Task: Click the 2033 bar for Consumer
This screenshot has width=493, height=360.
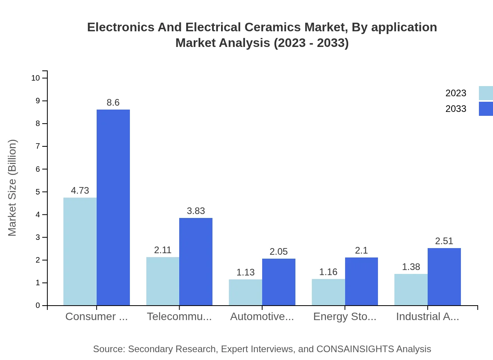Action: click(113, 207)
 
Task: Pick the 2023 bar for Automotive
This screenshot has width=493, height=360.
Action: click(245, 292)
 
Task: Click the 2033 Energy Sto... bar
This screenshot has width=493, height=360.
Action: click(362, 281)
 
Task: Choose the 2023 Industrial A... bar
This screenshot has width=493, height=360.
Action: click(411, 290)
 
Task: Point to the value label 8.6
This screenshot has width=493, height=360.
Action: click(113, 103)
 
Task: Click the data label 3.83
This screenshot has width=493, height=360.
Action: click(196, 211)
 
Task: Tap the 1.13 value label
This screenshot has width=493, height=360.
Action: click(245, 272)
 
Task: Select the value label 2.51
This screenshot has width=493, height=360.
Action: click(444, 241)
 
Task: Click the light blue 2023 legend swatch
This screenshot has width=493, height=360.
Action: click(486, 93)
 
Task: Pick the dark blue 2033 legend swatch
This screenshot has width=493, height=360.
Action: click(486, 109)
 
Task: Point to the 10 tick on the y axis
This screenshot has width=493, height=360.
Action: click(36, 78)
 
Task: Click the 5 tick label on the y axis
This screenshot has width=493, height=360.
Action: click(38, 192)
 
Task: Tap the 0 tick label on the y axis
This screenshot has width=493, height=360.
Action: click(38, 305)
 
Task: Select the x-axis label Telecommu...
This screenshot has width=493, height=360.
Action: click(179, 317)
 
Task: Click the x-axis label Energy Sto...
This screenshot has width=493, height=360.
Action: click(345, 317)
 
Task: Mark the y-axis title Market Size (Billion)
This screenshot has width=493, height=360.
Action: click(12, 188)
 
